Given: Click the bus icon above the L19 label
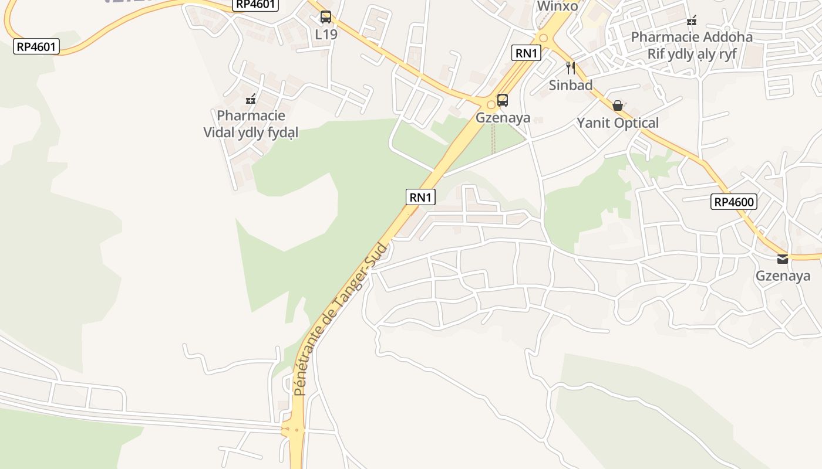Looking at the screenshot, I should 326,17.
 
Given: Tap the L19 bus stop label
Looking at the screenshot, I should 326,35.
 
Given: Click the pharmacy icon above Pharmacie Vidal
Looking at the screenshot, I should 251,98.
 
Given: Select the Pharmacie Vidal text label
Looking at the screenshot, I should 251,124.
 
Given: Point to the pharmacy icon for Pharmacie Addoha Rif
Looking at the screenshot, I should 692,21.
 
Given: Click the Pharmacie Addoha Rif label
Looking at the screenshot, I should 692,46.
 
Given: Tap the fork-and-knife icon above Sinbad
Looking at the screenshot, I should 570,67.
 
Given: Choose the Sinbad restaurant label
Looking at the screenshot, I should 570,85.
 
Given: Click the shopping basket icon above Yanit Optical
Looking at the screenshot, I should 618,106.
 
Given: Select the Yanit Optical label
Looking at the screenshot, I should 618,123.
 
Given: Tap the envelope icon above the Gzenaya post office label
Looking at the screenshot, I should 783,259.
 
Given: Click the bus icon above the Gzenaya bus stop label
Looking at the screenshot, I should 503,100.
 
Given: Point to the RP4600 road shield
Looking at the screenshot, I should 733,202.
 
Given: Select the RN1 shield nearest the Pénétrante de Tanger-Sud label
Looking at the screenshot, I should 420,197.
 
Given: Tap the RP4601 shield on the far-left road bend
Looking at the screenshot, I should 36,46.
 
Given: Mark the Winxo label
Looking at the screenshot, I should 558,6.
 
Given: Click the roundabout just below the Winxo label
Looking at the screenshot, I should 544,38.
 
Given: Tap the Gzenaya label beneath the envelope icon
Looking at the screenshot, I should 783,276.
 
